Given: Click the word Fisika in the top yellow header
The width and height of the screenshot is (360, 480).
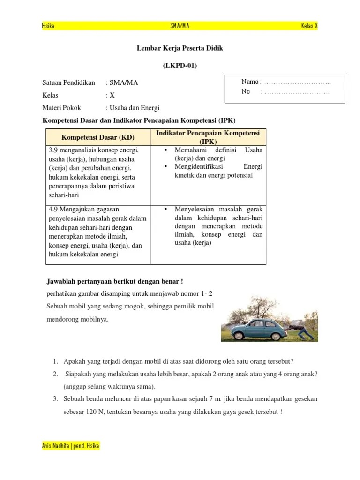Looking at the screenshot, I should coord(48,26).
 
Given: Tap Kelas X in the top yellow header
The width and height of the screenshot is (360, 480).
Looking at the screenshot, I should coord(309,26).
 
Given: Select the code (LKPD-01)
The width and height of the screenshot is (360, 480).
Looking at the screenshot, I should coord(180,66).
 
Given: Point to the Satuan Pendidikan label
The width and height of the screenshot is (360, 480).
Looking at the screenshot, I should coord(68,82).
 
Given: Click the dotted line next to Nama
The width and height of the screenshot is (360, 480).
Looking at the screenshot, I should coord(297,82).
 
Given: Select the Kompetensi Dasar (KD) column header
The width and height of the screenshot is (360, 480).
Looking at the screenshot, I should coord(97,137).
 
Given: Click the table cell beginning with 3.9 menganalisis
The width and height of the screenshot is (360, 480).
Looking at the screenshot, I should coord(97,172).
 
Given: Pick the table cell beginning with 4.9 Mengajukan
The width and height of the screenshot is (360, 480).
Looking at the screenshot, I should coord(97,232).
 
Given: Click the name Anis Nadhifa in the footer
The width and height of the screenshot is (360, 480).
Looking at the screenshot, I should coord(55,445).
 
